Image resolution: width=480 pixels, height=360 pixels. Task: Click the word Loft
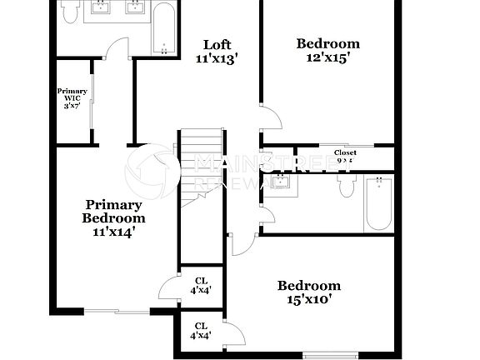click(217, 45)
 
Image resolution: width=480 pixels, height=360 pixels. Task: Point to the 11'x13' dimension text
click(217, 59)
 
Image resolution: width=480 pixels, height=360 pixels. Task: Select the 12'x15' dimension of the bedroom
click(328, 58)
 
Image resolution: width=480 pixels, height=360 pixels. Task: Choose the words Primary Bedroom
click(113, 212)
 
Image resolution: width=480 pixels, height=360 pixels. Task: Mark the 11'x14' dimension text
click(113, 232)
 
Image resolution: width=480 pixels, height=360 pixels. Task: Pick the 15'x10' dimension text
click(308, 299)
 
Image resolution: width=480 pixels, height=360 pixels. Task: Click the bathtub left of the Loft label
click(163, 30)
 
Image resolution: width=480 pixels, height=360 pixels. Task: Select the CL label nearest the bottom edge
click(201, 331)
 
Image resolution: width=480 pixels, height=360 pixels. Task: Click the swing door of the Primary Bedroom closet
click(169, 285)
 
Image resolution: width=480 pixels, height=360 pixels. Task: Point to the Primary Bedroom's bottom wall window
click(116, 312)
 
